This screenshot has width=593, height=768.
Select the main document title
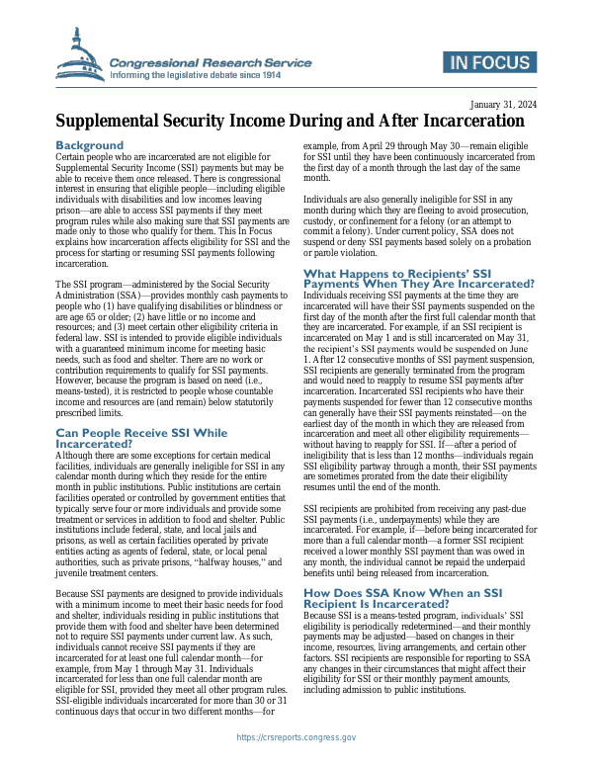[x=289, y=122]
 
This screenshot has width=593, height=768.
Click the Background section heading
[x=90, y=145]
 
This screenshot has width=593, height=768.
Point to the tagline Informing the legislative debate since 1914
[x=196, y=75]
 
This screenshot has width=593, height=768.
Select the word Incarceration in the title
[x=462, y=122]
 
